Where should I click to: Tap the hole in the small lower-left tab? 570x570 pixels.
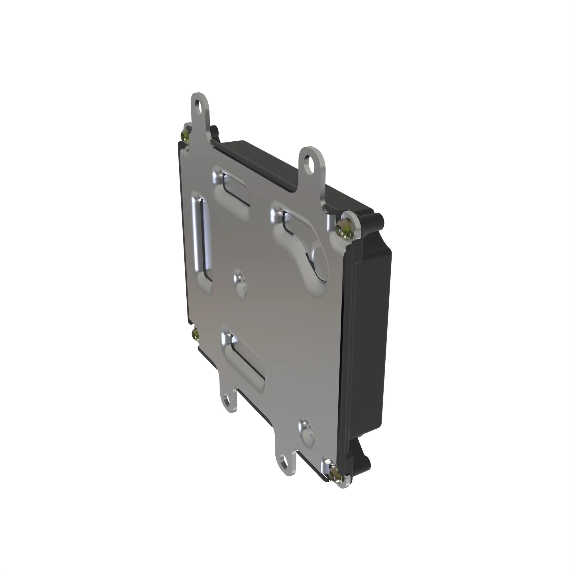pos(227,400)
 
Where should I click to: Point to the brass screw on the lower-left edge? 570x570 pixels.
pos(195,334)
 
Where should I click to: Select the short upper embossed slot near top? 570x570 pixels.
pos(233,188)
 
